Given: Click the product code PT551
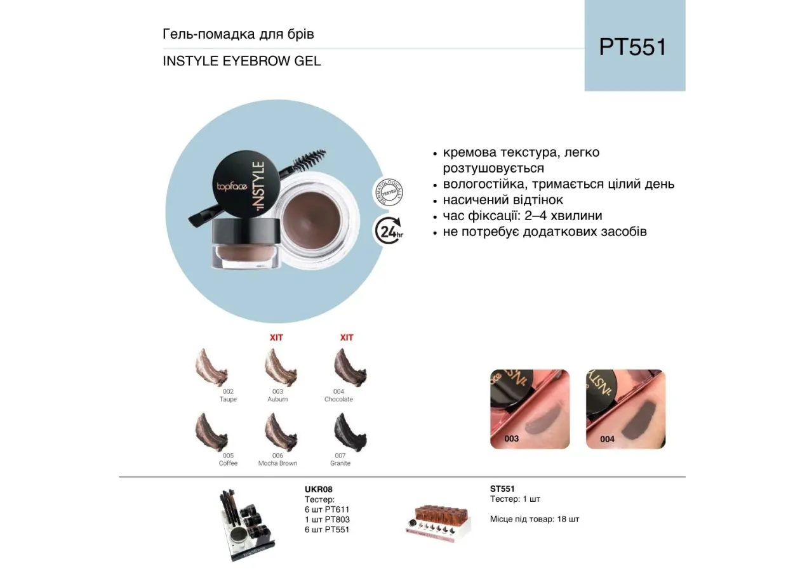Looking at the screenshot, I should coord(633,48).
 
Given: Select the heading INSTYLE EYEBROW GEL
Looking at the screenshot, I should coord(242,62).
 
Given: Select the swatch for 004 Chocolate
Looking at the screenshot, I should coord(350,367).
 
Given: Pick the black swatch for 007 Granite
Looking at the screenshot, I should coord(350,433).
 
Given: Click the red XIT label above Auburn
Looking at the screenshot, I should coord(276,338).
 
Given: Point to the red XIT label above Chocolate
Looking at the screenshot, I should coord(346,338).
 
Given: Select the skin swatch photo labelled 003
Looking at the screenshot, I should coord(530,409).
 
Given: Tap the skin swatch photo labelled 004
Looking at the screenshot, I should coord(625,409).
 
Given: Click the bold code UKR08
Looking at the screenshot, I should coord(319,489).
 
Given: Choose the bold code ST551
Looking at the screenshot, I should coord(502,489).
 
